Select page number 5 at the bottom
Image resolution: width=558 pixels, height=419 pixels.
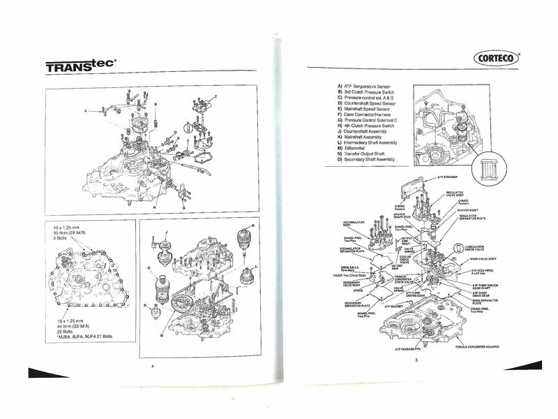415,360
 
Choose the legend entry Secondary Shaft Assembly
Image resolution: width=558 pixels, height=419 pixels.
370,159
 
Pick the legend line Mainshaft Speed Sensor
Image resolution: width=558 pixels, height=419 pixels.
369,110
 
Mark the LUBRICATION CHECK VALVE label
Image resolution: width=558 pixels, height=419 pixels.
482,248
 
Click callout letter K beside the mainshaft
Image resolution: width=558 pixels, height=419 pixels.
253,226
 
